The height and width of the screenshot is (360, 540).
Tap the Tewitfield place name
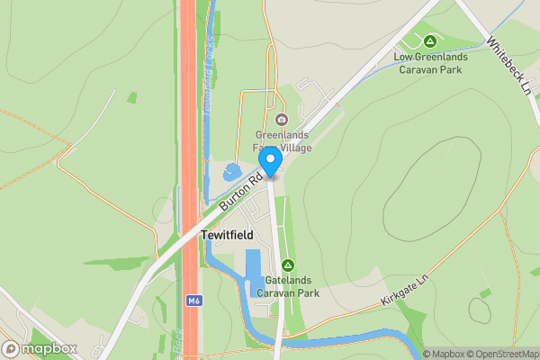(227, 235)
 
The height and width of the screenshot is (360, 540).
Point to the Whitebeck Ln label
(508, 62)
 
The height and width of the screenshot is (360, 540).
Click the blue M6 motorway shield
(192, 301)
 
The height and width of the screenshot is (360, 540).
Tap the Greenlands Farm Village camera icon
(282, 120)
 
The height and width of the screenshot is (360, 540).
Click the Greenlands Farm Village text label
(283, 142)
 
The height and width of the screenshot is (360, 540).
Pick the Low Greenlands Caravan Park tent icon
(430, 41)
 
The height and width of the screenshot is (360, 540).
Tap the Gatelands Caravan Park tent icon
(288, 265)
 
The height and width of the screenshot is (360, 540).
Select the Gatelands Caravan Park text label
(288, 287)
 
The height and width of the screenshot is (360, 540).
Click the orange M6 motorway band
(188, 135)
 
